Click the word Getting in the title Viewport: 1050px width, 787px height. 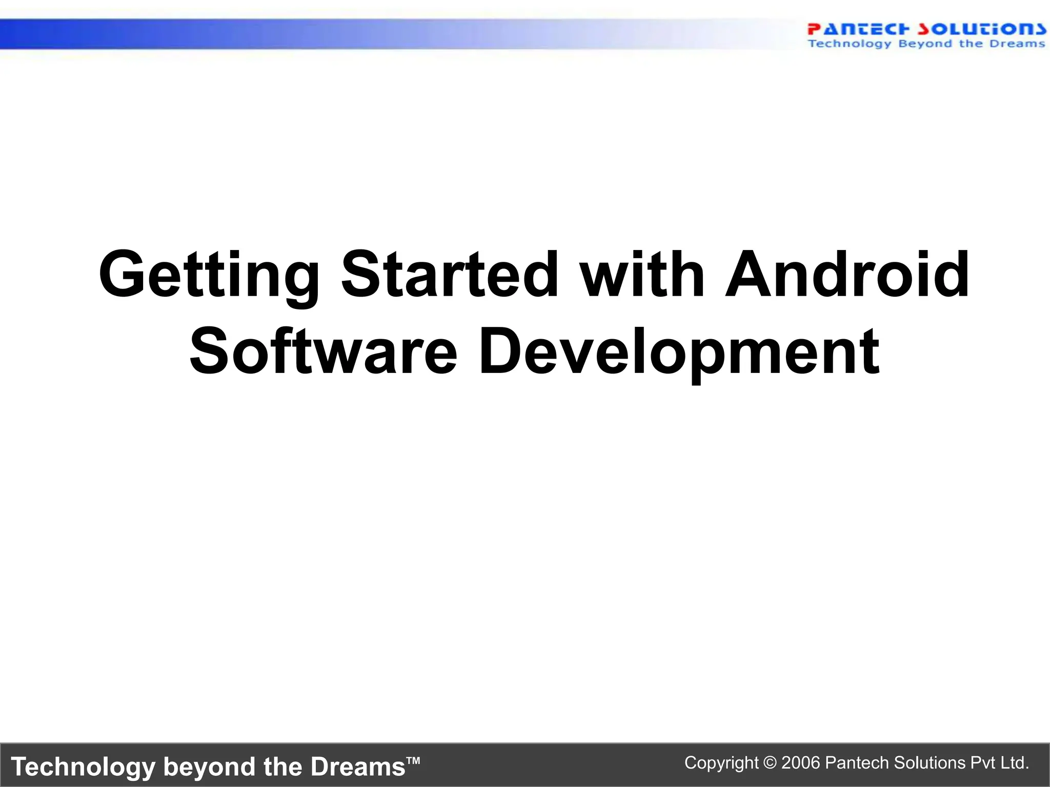pos(209,276)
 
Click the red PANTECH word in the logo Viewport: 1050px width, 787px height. pos(858,29)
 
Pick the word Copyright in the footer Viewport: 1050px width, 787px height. pos(721,763)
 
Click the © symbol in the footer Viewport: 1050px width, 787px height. pos(770,763)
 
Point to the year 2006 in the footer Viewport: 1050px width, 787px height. pos(801,763)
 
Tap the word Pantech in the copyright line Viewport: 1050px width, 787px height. pos(857,763)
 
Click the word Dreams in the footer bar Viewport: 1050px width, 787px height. pos(358,767)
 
